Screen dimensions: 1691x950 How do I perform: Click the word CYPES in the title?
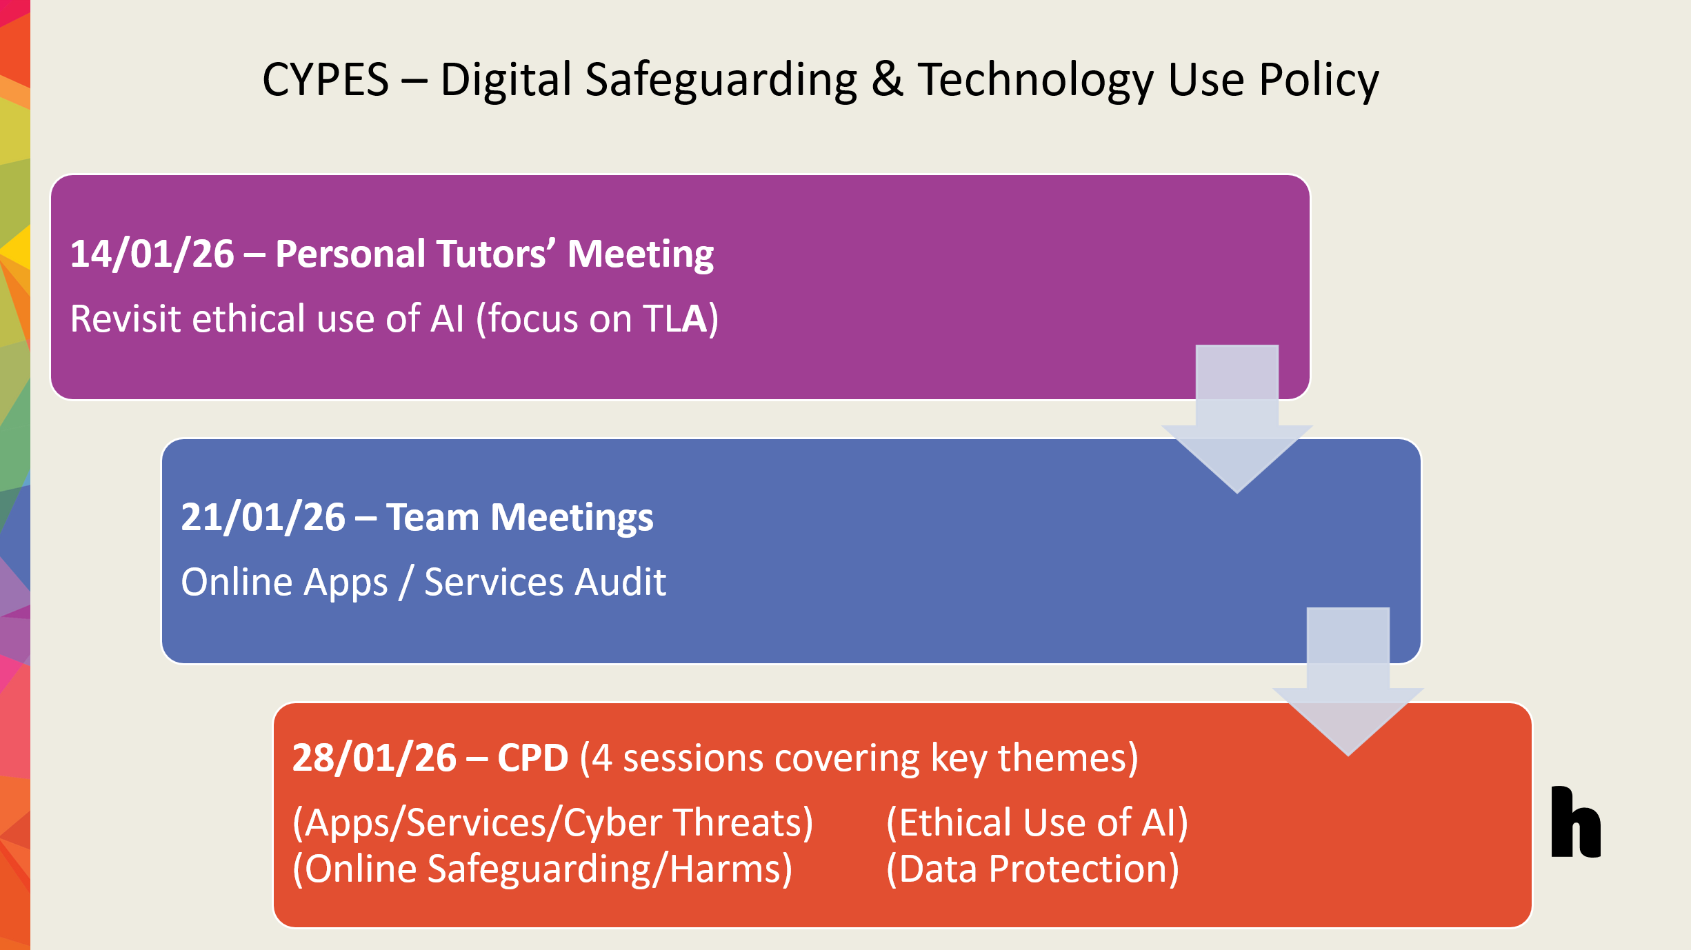point(326,80)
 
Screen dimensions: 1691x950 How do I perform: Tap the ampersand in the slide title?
point(887,80)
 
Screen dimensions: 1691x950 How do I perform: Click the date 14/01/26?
point(152,254)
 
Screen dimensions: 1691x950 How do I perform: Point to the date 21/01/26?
point(263,517)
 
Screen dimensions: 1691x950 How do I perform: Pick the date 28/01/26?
point(374,758)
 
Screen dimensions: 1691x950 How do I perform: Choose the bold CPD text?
point(533,758)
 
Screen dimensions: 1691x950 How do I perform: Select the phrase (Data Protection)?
point(1032,869)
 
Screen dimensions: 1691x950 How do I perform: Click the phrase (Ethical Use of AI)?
point(1037,822)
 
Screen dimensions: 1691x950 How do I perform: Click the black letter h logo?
point(1576,822)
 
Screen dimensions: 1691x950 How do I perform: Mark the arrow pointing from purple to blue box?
point(1237,420)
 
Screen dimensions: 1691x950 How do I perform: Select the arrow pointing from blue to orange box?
point(1348,683)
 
